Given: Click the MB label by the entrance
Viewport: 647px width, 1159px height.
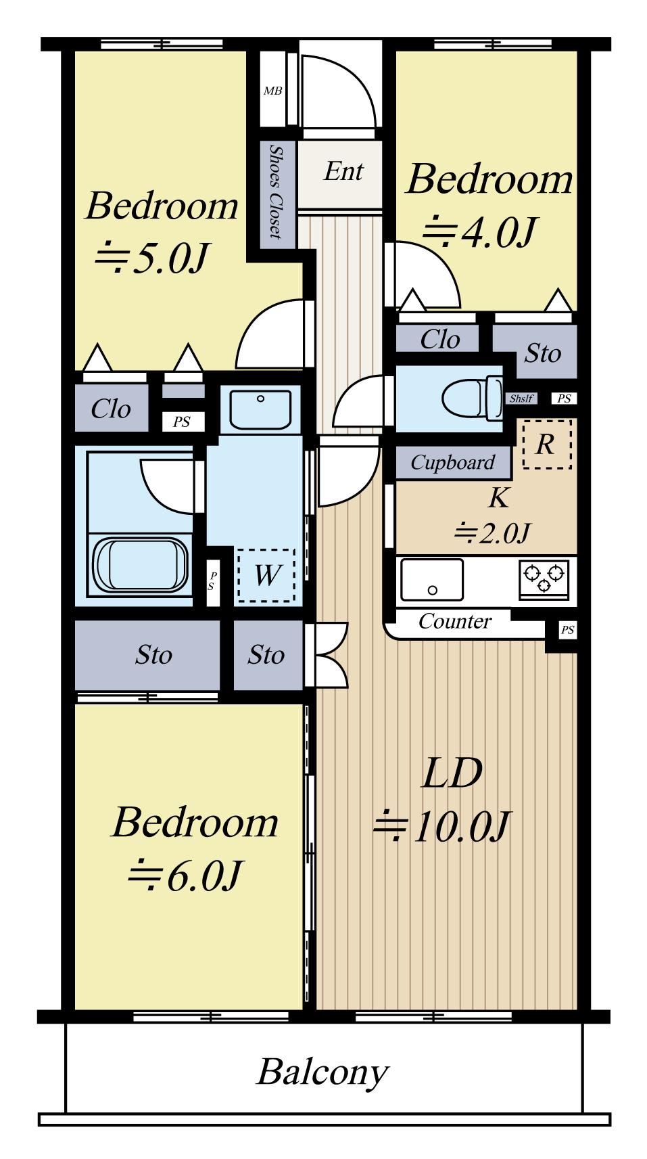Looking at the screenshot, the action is [x=272, y=91].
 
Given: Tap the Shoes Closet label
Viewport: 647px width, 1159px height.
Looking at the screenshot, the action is [x=277, y=192].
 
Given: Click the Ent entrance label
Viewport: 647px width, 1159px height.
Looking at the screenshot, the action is [x=344, y=171].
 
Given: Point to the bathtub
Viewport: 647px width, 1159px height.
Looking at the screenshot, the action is [x=140, y=566].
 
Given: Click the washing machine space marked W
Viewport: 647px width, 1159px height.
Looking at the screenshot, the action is [x=267, y=575].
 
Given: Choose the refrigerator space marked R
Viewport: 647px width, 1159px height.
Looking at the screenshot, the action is [x=547, y=444].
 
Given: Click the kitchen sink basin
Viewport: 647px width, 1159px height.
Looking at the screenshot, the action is [x=432, y=579].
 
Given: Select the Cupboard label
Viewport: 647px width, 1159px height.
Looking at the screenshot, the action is [x=453, y=463].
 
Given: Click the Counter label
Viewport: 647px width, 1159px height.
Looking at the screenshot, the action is [x=455, y=621].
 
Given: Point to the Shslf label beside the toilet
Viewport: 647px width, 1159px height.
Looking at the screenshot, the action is [x=521, y=399].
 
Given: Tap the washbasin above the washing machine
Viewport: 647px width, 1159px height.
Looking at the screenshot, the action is [x=260, y=409].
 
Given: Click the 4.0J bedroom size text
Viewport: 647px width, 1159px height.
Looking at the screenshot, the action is [x=479, y=232].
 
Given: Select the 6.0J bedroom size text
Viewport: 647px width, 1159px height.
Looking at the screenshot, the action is [x=185, y=876].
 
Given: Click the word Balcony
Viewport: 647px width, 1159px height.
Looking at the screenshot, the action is [x=322, y=1072].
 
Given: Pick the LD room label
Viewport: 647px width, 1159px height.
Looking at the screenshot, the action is [x=452, y=773].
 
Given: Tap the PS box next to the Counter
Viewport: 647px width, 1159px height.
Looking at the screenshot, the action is [x=567, y=630].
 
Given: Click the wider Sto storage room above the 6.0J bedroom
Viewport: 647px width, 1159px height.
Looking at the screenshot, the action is [x=147, y=655].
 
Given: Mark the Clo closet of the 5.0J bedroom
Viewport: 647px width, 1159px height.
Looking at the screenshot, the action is [x=111, y=409].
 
